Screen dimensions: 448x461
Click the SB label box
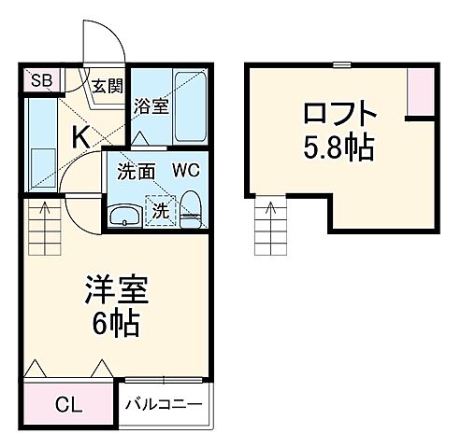click(40, 80)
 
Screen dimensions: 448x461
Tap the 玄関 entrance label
click(107, 88)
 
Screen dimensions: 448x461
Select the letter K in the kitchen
click(82, 136)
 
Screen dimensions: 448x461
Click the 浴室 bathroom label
click(151, 106)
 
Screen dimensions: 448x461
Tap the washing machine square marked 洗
click(161, 210)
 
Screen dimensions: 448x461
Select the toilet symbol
click(190, 207)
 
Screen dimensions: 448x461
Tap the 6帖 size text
click(116, 324)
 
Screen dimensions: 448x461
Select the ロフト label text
click(339, 116)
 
